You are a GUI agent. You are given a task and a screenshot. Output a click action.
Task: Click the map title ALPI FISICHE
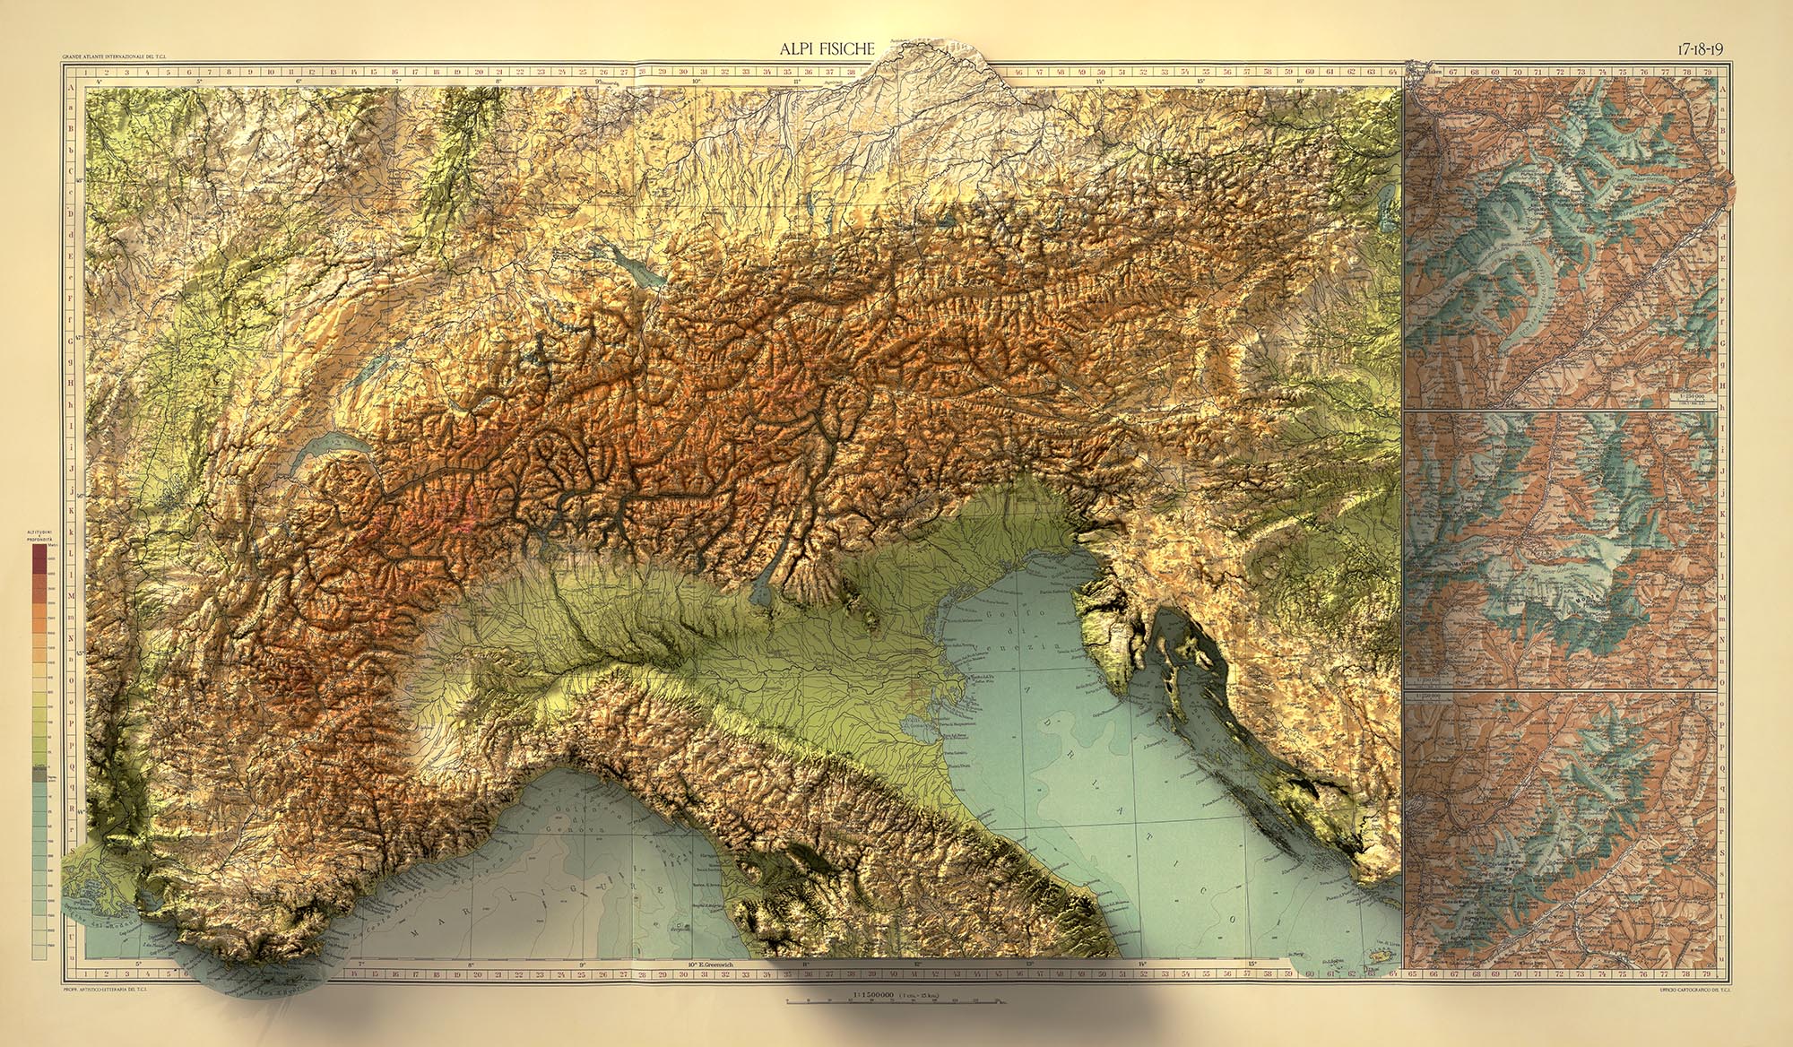point(827,49)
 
